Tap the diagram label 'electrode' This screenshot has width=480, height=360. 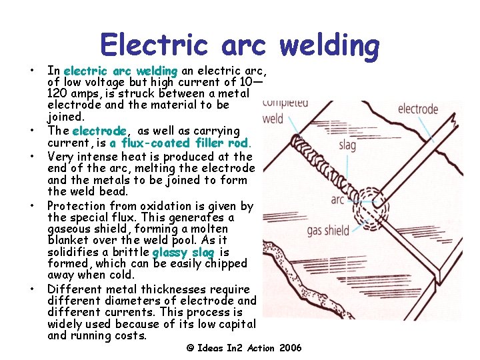[418, 109]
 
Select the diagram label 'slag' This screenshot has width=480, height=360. [347, 144]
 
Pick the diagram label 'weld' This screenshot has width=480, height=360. [273, 119]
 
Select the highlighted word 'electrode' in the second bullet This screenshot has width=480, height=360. [99, 131]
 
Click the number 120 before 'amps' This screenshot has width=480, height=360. [58, 94]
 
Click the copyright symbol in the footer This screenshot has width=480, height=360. [190, 348]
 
